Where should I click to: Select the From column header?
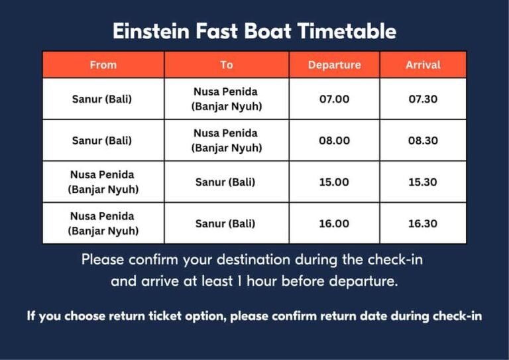pos(103,65)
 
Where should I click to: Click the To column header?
pos(227,65)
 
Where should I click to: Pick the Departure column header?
pos(334,65)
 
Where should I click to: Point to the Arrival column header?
pos(423,65)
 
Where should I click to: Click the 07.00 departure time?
pos(334,99)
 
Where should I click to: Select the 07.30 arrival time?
pos(423,99)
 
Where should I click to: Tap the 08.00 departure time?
pos(334,141)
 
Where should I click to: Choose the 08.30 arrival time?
pos(423,141)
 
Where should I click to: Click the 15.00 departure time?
pos(334,182)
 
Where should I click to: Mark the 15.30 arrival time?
pos(423,182)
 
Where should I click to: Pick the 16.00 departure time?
pos(334,223)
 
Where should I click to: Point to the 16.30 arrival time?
pos(423,223)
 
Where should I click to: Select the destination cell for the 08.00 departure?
pos(227,141)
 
